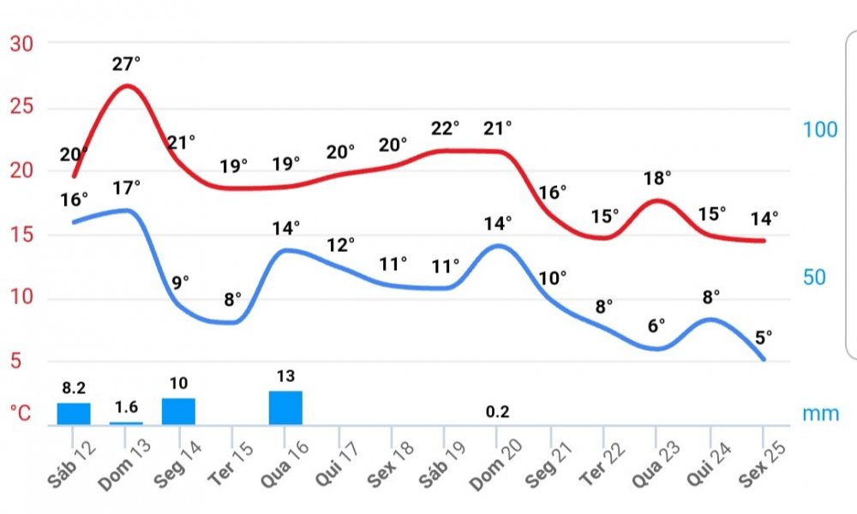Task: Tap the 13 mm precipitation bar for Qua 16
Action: (x=285, y=407)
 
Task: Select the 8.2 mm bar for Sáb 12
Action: (x=74, y=413)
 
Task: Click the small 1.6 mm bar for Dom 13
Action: (x=126, y=422)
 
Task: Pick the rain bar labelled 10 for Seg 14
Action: (x=178, y=410)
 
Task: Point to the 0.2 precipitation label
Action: (x=497, y=412)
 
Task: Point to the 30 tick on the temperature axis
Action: (x=21, y=45)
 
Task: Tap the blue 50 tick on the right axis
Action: (x=819, y=278)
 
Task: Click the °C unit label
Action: (x=21, y=414)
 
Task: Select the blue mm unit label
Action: (x=821, y=414)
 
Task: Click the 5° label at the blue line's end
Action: (x=763, y=337)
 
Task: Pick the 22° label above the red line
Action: (x=445, y=128)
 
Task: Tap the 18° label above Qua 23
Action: (x=657, y=177)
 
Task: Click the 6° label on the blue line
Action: (x=656, y=326)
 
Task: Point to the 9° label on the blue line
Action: (x=179, y=281)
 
